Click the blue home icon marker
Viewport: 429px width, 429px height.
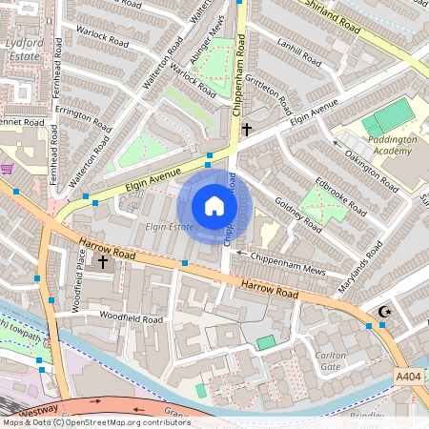(214, 206)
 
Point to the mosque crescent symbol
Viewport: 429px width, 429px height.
(385, 311)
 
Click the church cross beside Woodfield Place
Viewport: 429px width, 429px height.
(102, 260)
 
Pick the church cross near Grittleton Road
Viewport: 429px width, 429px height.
(246, 128)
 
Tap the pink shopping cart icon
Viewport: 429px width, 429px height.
(9, 169)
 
